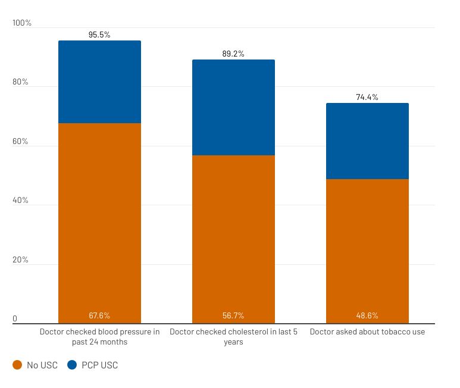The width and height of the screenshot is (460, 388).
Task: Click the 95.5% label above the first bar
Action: tap(99, 35)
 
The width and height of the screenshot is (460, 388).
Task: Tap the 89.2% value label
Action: tap(233, 54)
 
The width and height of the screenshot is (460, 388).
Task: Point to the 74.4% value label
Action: tap(367, 97)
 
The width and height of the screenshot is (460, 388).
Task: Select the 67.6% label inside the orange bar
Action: tap(99, 315)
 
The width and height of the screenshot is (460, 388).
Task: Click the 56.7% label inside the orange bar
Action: tap(233, 315)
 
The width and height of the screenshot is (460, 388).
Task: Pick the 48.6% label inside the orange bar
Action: tap(367, 315)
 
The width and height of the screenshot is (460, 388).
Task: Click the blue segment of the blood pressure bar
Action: tap(99, 82)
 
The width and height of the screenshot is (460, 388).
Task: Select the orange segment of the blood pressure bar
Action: tap(99, 220)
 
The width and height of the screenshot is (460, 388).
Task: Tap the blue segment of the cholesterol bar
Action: tap(233, 107)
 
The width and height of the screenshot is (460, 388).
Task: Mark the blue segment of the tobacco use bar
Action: tap(367, 141)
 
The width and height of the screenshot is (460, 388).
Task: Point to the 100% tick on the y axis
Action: tap(22, 23)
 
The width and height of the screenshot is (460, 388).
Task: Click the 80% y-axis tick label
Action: tap(21, 82)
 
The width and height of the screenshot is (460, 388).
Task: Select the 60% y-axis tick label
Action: tap(21, 142)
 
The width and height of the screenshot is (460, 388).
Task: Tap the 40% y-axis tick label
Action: tap(21, 201)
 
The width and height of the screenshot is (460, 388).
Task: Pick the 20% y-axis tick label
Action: tap(21, 260)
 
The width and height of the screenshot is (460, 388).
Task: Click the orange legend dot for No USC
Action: tap(17, 365)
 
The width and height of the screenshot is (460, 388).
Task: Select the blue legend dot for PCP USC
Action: tap(72, 365)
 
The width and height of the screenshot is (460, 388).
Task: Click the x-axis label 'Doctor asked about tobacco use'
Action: tap(367, 331)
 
